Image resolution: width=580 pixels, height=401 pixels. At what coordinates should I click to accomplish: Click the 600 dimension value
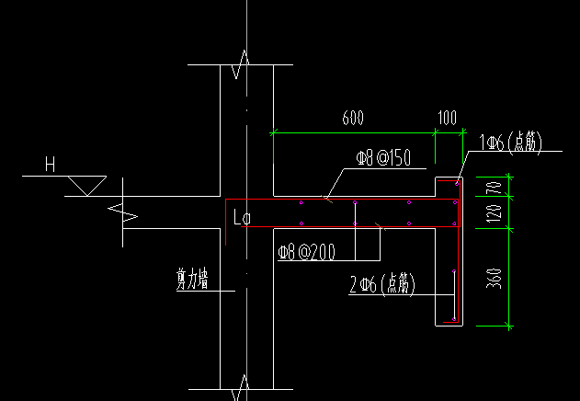coord(353,118)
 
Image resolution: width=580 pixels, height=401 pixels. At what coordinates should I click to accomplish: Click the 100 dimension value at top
coord(448,118)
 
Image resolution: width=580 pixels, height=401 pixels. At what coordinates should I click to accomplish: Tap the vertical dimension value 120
coord(495,213)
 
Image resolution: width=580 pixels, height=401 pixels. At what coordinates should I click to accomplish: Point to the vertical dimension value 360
coord(495,279)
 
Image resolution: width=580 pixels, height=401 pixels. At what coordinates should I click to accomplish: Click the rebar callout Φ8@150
coord(383,158)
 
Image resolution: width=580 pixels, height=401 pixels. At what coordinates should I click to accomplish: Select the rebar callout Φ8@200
coord(307,252)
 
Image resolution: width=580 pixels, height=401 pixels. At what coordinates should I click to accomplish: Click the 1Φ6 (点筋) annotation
coord(510,143)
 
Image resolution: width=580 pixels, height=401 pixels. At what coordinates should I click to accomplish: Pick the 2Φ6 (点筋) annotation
coord(382,285)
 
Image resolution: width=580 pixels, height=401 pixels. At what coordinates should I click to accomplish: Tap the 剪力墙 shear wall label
coord(192,280)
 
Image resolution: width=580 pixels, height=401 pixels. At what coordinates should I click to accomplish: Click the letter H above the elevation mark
coord(50,164)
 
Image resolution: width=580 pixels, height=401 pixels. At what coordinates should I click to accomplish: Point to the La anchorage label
coord(243,217)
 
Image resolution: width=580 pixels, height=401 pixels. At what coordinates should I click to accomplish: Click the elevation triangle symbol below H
coord(87,186)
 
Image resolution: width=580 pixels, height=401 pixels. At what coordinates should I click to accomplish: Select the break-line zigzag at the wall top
coord(240,64)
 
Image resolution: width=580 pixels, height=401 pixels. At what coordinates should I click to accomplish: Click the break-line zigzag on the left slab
coord(123,212)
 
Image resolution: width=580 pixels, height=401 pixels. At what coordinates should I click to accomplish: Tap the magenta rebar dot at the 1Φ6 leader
coord(457,184)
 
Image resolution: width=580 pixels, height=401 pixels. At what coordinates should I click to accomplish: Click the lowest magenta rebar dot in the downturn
coord(454,319)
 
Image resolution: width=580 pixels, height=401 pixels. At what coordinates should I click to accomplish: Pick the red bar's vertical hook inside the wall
coord(225,223)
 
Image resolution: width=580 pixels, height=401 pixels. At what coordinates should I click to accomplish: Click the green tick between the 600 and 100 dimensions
coord(435,132)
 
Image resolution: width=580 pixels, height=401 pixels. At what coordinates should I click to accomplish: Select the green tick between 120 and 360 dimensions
coord(509,229)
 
